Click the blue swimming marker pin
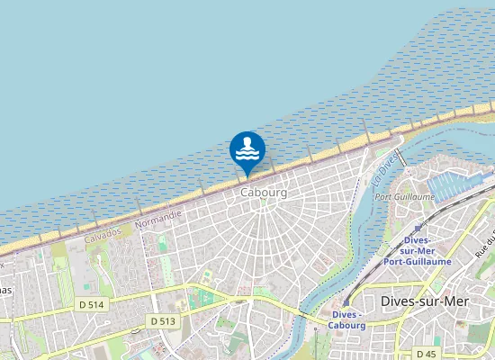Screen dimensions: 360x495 [247, 150]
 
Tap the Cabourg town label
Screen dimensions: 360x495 [264, 193]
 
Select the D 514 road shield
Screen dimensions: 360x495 [92, 305]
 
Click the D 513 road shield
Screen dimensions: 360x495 [163, 320]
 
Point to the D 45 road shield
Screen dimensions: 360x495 [426, 353]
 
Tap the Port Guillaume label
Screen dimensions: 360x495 [404, 196]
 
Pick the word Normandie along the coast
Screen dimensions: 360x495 [157, 217]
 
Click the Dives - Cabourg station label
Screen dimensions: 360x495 [348, 319]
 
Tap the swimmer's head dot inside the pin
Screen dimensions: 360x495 [247, 141]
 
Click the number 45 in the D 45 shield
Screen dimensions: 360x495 [430, 353]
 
